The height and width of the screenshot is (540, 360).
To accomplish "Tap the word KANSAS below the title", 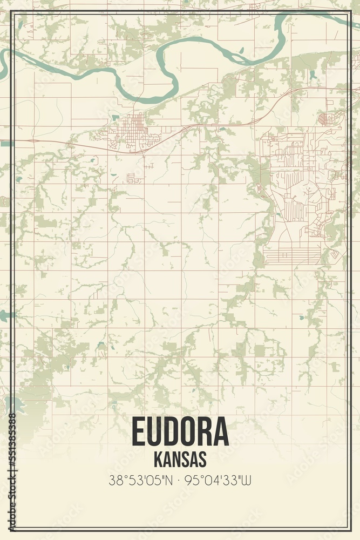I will pos(180,460).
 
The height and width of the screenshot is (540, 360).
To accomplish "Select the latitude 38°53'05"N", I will pos(141,480).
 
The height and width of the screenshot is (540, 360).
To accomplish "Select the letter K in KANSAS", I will pos(158,460).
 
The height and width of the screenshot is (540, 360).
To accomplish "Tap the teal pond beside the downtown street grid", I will pos(115,117).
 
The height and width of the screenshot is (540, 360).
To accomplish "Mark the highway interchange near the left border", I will pos(32,141).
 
